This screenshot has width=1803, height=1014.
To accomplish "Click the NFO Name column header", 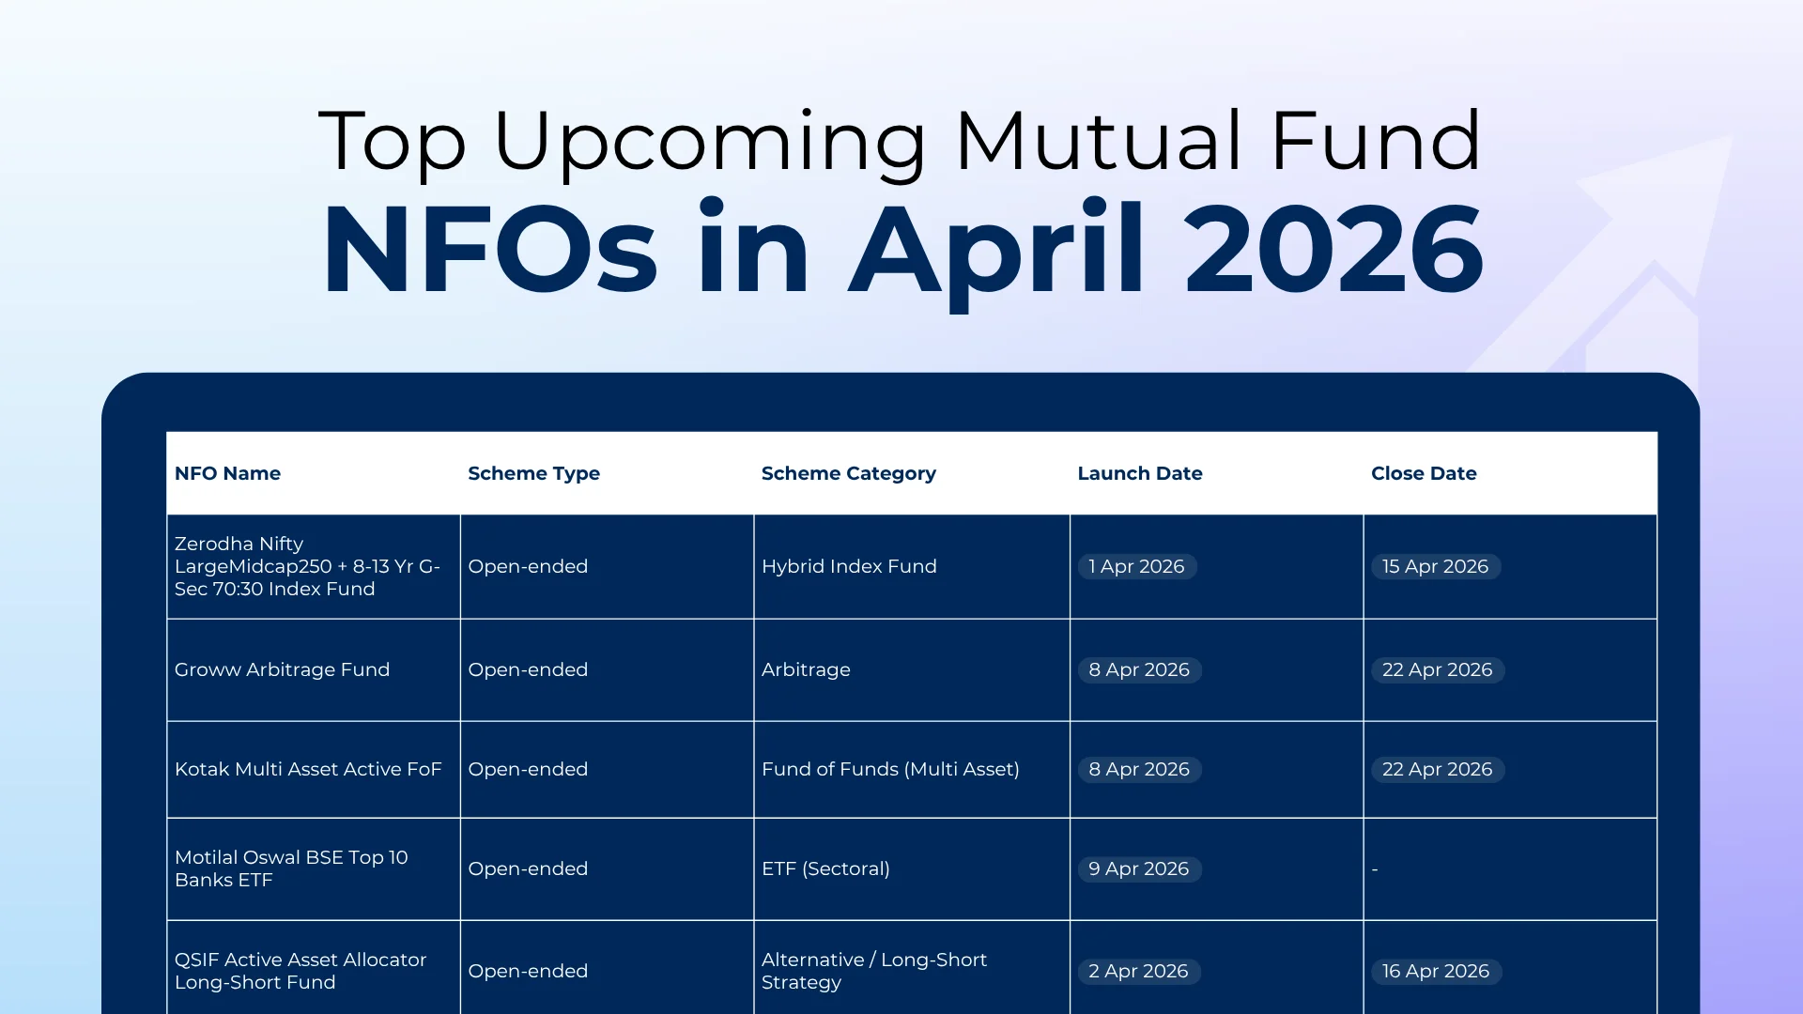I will tap(227, 473).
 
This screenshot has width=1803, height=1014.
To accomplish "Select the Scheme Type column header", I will tap(533, 473).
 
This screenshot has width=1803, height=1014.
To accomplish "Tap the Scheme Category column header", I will tap(848, 473).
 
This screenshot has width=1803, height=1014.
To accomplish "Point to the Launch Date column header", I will tap(1139, 473).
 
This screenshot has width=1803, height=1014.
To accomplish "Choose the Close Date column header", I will tap(1423, 473).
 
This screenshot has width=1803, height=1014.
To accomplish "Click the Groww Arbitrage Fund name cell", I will tap(282, 669).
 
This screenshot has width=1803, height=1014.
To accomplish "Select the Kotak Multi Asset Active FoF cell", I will tap(307, 769).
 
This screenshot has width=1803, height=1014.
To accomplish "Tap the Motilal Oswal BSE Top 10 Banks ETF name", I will tap(290, 868).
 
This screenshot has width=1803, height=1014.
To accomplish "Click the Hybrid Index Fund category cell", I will tap(848, 566).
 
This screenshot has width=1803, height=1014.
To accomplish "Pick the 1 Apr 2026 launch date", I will tap(1136, 566).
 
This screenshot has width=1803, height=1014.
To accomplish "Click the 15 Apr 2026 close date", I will tap(1435, 566).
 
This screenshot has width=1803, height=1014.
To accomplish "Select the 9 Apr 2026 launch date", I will tap(1138, 868).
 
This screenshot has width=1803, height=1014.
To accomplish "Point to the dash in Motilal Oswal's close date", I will tap(1375, 869).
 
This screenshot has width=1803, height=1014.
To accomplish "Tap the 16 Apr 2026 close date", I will tap(1435, 971).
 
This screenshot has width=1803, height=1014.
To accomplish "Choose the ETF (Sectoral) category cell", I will tap(825, 868).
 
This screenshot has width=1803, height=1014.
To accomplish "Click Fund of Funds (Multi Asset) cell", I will tap(889, 769).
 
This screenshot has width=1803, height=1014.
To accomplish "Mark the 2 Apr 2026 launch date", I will tap(1138, 971).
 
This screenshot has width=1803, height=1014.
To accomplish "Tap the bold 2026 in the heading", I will tap(1333, 250).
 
